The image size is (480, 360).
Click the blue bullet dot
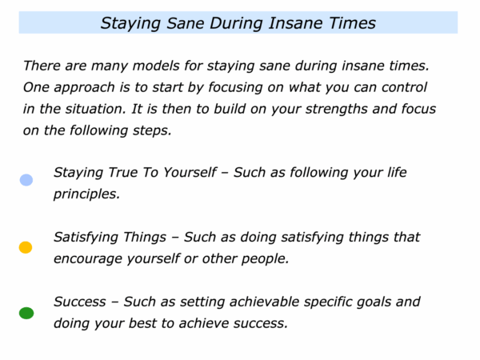tap(26, 180)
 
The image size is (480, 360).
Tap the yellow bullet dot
tap(26, 247)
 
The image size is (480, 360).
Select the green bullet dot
tap(26, 313)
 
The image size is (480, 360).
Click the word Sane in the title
tap(186, 23)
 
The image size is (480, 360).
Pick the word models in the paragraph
tap(156, 66)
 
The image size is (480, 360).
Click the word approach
tap(85, 88)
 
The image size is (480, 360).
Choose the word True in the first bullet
tap(123, 172)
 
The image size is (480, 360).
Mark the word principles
tap(86, 194)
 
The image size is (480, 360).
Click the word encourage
tap(88, 259)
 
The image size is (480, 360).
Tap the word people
tap(265, 259)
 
